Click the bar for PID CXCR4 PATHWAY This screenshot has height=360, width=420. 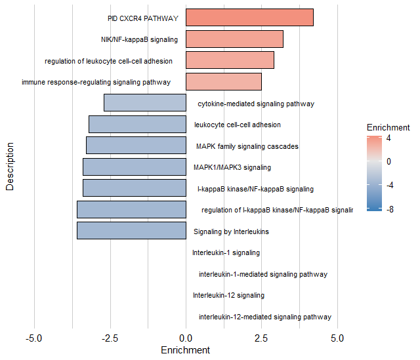249,18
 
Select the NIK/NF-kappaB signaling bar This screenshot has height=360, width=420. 234,39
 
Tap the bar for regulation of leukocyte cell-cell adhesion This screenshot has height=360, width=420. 230,60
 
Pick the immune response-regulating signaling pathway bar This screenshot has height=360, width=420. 224,81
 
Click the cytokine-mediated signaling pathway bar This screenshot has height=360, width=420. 145,103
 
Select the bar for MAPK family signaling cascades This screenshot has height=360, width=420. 136,146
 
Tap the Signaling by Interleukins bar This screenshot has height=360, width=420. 131,231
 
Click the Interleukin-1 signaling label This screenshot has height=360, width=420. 226,252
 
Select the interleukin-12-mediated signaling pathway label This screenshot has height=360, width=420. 265,317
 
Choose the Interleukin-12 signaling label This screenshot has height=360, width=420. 228,295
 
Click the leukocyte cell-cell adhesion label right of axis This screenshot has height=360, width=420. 238,125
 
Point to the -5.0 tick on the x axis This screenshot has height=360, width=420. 34,338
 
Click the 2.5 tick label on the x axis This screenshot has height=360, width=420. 261,338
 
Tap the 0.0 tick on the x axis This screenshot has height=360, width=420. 186,338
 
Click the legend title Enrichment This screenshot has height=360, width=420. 388,127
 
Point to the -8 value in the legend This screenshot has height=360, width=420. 389,209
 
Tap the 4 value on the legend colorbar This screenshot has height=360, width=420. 389,138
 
